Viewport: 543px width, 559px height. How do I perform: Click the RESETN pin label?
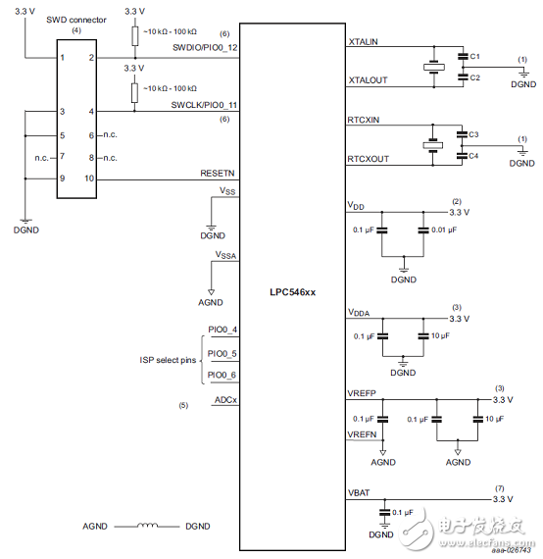(x=219, y=173)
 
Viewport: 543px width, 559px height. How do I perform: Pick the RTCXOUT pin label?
(x=369, y=157)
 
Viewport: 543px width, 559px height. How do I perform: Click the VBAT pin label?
(x=360, y=490)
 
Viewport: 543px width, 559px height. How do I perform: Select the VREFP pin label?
(x=363, y=392)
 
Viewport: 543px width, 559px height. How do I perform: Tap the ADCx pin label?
(x=225, y=401)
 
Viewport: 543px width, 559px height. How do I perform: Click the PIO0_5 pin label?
(x=222, y=353)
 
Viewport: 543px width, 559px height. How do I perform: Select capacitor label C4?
(x=474, y=155)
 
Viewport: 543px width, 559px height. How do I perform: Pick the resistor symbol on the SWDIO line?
(x=133, y=36)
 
